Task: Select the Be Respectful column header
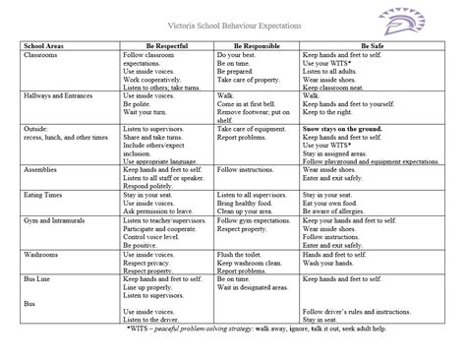(x=164, y=46)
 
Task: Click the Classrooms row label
(x=39, y=55)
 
